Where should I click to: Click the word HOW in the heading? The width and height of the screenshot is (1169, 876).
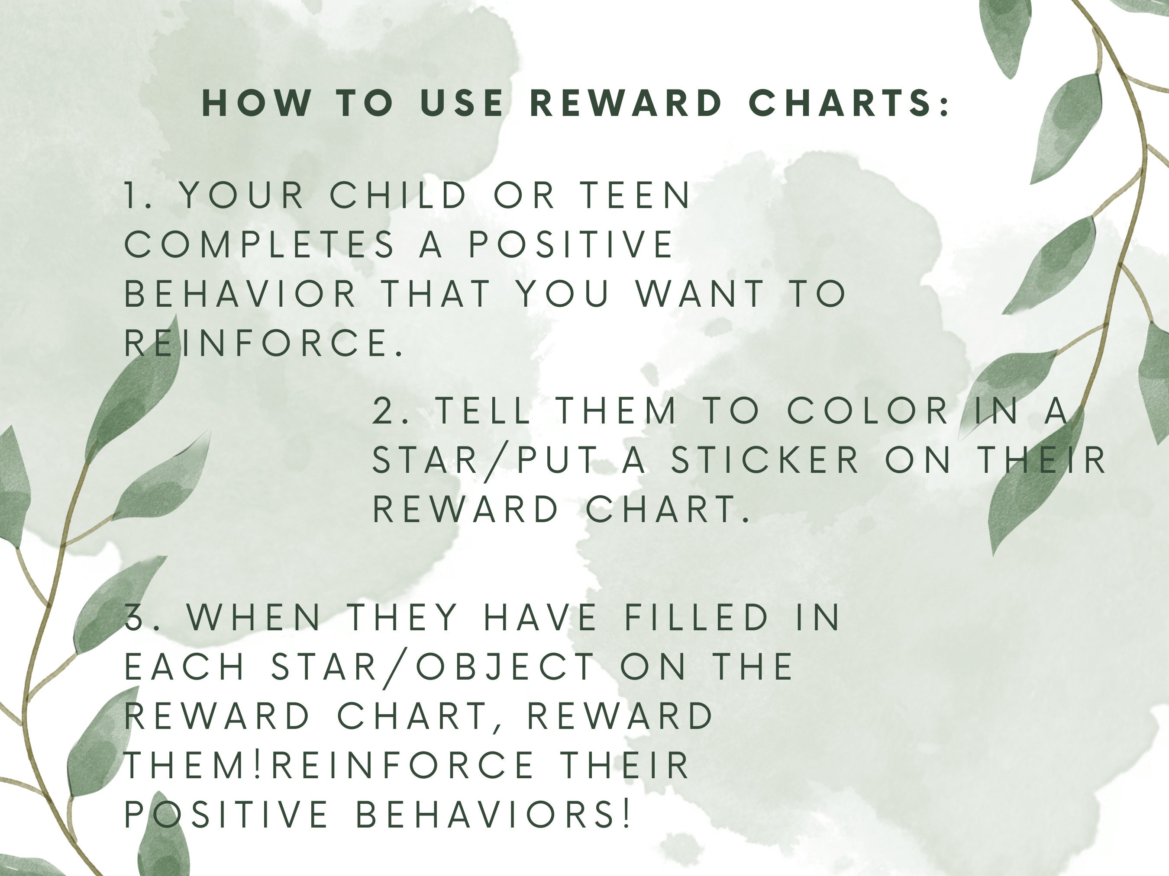[x=257, y=103]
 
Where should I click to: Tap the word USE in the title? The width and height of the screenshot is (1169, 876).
[x=462, y=103]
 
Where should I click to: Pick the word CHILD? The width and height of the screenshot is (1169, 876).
[x=399, y=196]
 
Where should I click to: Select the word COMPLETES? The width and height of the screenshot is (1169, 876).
[x=259, y=244]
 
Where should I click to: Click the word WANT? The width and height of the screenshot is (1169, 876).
[x=700, y=294]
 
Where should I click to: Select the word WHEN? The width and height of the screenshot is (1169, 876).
[x=254, y=617]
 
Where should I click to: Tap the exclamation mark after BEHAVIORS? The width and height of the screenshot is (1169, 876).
[x=627, y=814]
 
